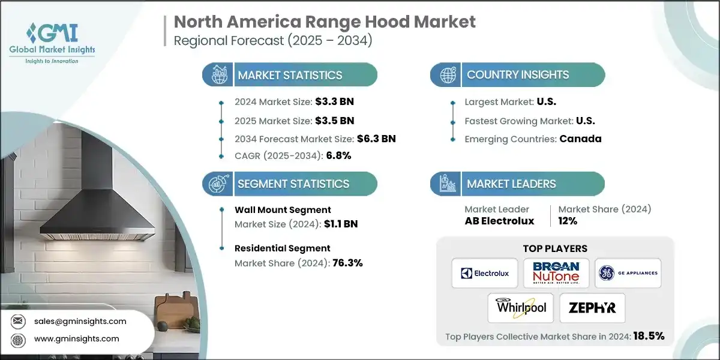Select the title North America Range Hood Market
[x=324, y=22]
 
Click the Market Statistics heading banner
[x=290, y=75]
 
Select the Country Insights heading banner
[x=517, y=75]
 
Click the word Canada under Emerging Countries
[x=580, y=139]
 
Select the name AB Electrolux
[x=499, y=221]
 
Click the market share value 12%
[x=568, y=221]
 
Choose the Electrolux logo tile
[x=484, y=273]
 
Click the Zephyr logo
[x=592, y=308]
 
